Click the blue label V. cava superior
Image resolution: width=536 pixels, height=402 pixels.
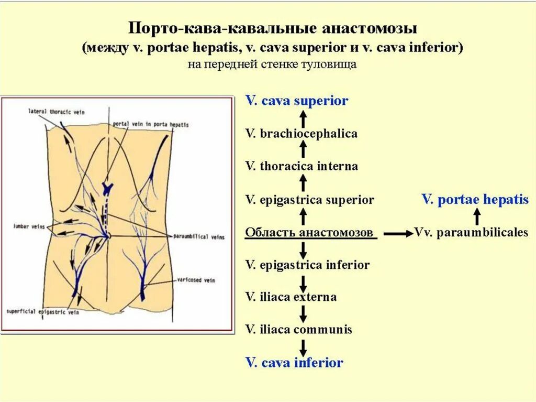297,101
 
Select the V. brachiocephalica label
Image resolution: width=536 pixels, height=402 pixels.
301,134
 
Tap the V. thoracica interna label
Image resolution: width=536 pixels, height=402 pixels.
301,167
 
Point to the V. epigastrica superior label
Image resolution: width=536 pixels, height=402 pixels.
309,200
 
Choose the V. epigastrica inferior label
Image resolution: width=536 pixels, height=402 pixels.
307,265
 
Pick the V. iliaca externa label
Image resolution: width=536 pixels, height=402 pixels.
291,297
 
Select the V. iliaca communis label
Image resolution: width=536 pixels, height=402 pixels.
299,330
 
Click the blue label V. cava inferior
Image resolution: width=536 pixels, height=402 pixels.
294,362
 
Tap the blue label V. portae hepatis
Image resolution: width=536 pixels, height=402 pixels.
475,200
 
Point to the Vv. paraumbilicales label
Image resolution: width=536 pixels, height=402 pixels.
471,232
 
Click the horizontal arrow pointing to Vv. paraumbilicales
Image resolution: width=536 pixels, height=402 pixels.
397,234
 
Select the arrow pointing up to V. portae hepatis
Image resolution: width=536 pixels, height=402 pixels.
477,216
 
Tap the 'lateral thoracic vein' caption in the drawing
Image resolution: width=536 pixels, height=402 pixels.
57,112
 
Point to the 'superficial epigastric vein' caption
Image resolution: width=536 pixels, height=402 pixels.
43,311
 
